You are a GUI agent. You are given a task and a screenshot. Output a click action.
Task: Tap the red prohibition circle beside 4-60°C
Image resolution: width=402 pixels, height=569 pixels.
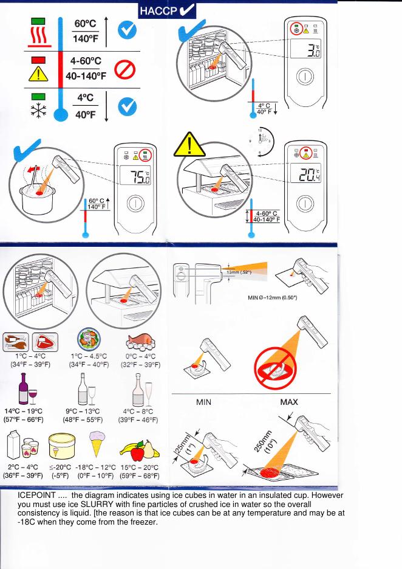coord(125,69)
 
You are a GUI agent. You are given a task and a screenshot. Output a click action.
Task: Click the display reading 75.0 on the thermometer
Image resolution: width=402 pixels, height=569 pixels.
coord(135,176)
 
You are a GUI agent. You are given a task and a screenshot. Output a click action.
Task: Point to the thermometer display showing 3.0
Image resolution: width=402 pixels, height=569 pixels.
coord(305,49)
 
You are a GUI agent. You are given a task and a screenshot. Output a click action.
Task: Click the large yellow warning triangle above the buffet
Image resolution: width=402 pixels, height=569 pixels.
coord(189,145)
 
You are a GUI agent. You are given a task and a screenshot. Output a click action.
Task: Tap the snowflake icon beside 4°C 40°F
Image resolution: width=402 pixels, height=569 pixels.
coord(38,111)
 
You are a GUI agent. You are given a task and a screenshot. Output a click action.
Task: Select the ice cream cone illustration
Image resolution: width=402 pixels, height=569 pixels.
coord(97,443)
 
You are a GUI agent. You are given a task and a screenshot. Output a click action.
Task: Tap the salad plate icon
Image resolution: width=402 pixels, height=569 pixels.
coord(89,340)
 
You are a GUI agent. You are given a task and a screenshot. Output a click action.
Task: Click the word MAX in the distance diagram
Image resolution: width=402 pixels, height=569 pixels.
coord(289,402)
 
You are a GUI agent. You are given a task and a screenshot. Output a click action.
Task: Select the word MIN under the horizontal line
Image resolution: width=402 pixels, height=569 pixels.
coord(203,402)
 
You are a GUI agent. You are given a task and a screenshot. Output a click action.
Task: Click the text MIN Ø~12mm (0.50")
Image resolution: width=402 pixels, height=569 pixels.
coord(272,297)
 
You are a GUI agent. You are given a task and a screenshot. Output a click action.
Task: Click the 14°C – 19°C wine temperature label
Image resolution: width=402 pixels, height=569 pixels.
coord(23,412)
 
